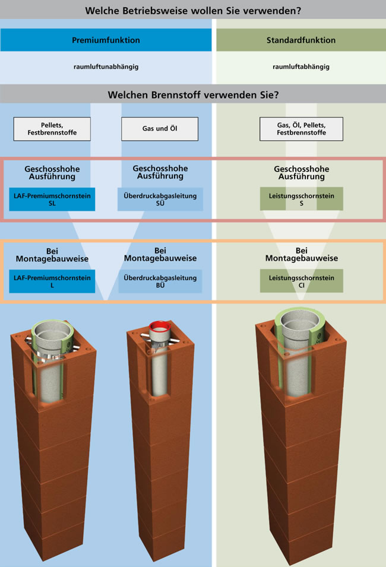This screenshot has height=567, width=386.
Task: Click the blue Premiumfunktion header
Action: pos(106,40)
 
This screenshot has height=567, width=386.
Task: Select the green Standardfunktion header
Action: pos(301,40)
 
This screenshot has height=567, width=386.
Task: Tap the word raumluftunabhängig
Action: pos(106,66)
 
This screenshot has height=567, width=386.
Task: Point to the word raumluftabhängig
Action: pos(301,66)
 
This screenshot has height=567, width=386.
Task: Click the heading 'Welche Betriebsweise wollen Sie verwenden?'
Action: pos(193,11)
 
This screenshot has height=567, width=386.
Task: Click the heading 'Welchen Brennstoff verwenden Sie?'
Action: pos(193,94)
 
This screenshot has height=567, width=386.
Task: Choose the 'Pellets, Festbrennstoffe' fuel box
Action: pos(52,128)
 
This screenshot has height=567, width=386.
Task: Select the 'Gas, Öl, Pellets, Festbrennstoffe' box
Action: pos(301,128)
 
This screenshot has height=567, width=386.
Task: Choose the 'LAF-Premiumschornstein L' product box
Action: pos(52,281)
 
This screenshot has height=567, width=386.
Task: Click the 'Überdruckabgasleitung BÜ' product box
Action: pos(160,281)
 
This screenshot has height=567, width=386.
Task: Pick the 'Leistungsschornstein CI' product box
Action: pos(301,281)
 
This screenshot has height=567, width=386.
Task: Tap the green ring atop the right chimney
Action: pos(301,315)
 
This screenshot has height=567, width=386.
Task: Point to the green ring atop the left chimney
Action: pos(52,326)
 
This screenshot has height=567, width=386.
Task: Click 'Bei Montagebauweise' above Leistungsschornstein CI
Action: pos(301,254)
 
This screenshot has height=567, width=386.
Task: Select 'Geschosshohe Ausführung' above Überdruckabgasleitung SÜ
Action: pos(160,172)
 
